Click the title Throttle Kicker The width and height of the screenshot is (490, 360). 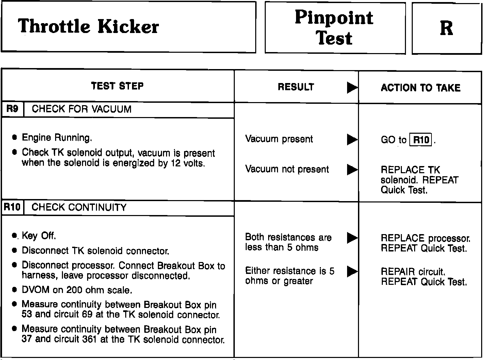click(88, 27)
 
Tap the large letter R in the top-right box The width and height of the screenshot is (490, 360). click(446, 28)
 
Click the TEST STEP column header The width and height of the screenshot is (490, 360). click(117, 86)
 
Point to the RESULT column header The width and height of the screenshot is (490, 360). click(296, 87)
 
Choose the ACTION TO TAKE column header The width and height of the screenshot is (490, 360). click(421, 88)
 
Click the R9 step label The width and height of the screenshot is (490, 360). click(12, 109)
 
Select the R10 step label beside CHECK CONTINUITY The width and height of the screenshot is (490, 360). click(12, 207)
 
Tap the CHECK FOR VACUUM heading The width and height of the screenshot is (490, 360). click(82, 109)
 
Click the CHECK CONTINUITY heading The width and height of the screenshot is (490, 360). click(79, 207)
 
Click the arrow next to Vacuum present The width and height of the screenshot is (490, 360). click(352, 139)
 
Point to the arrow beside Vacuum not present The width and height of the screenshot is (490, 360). click(352, 169)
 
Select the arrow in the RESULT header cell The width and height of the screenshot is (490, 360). click(352, 88)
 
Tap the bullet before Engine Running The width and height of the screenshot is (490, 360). click(14, 137)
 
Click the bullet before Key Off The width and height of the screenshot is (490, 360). click(14, 235)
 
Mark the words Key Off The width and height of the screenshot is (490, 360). click(39, 235)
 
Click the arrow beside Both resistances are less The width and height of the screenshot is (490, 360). click(352, 238)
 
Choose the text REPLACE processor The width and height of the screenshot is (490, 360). click(425, 238)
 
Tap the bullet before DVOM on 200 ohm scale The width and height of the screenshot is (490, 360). click(14, 290)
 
